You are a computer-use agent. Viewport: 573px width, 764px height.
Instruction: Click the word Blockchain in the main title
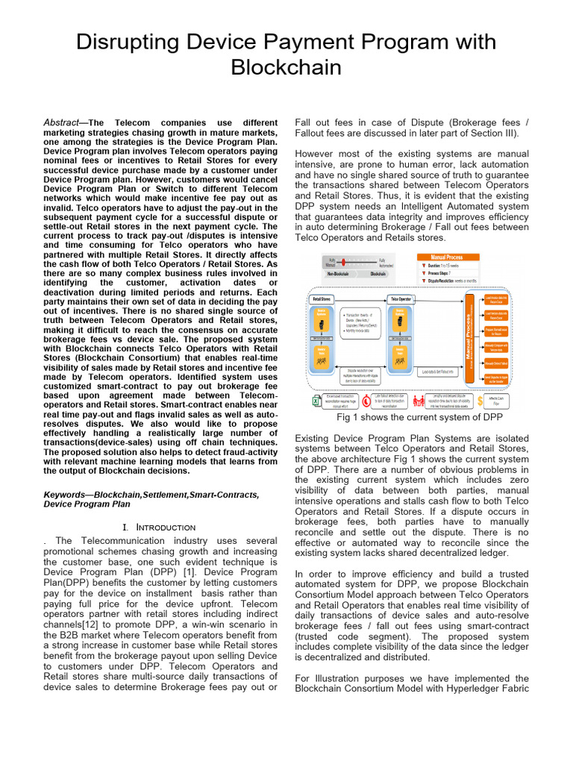[x=286, y=67]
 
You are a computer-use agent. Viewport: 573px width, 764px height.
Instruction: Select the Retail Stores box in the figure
[x=321, y=298]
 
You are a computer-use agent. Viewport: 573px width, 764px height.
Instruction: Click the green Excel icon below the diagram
[x=316, y=401]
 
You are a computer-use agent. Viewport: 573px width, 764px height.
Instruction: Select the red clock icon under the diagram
[x=366, y=401]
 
